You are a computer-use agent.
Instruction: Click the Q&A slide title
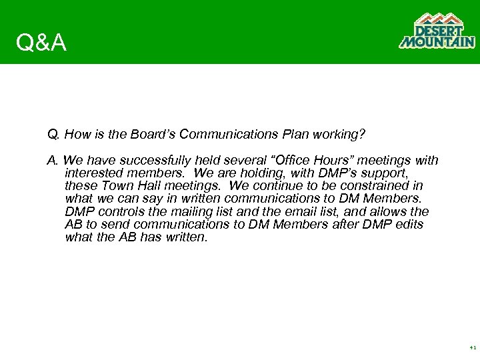pyautogui.click(x=41, y=43)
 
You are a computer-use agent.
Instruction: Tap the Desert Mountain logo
pyautogui.click(x=437, y=31)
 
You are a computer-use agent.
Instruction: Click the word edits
pyautogui.click(x=407, y=225)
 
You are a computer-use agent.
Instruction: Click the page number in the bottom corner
pyautogui.click(x=472, y=348)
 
